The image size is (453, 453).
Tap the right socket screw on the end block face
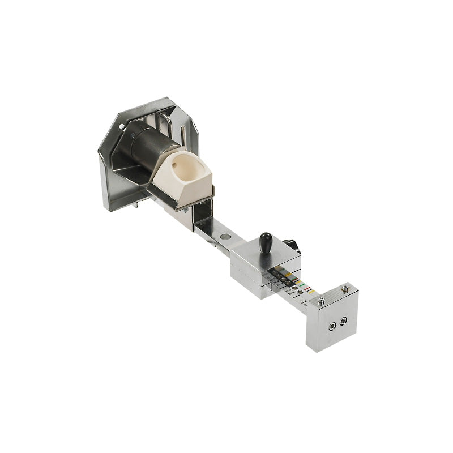pos(343,320)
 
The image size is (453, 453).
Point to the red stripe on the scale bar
pos(309,292)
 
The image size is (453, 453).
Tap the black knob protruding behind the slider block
pos(292,245)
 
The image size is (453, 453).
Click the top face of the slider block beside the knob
pos(249,253)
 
